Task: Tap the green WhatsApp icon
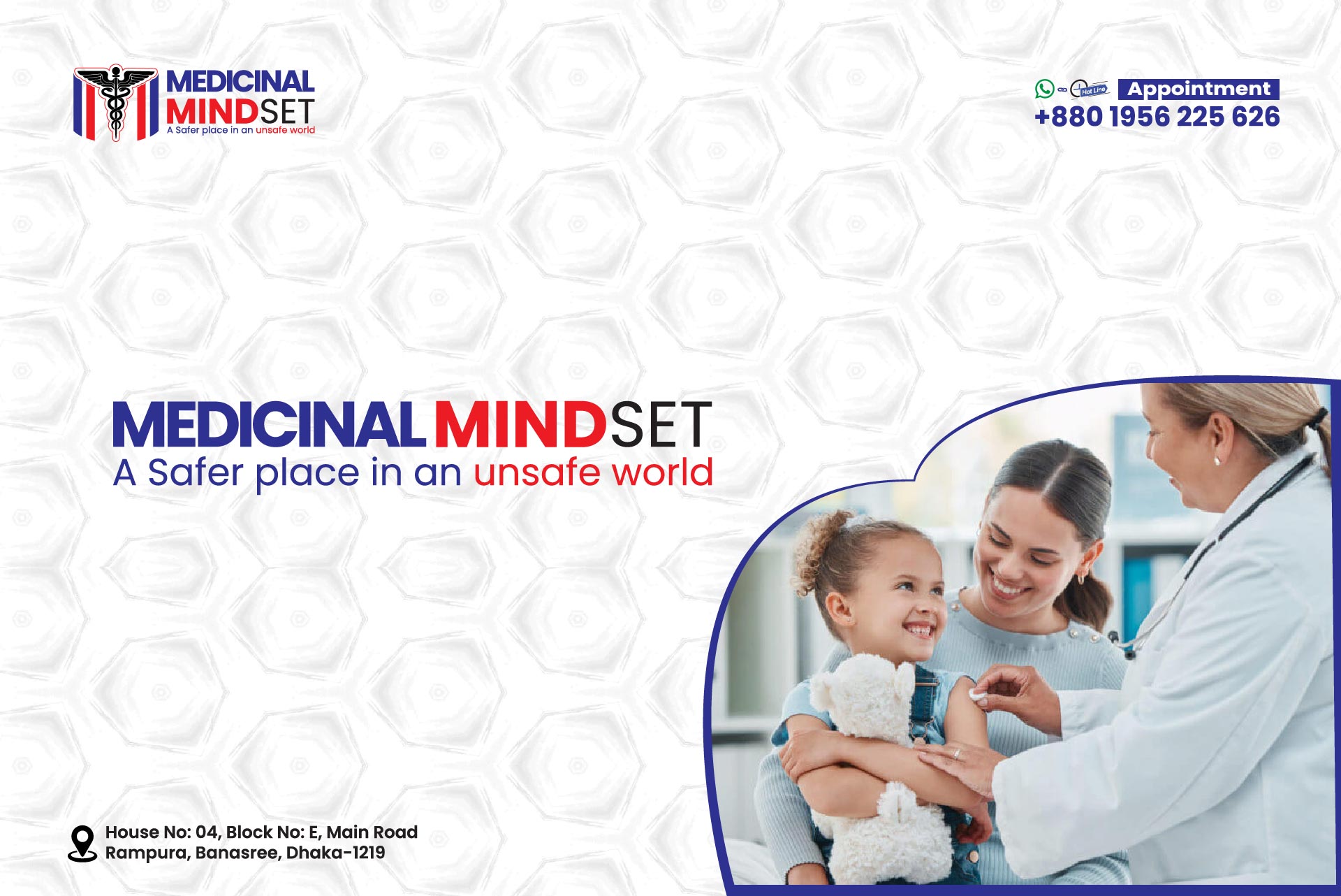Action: pyautogui.click(x=1044, y=89)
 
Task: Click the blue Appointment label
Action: pyautogui.click(x=1199, y=89)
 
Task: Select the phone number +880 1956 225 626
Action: pyautogui.click(x=1157, y=117)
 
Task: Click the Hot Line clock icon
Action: pyautogui.click(x=1088, y=89)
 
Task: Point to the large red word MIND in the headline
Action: pyautogui.click(x=520, y=424)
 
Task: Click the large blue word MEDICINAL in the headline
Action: pyautogui.click(x=269, y=424)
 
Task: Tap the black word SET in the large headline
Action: pyautogui.click(x=661, y=424)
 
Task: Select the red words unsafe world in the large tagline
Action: pyautogui.click(x=594, y=472)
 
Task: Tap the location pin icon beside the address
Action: pyautogui.click(x=82, y=844)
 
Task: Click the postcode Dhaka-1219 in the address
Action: pyautogui.click(x=335, y=853)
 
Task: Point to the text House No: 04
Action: pyautogui.click(x=161, y=832)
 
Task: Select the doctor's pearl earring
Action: pyautogui.click(x=1217, y=461)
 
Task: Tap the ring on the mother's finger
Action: pyautogui.click(x=957, y=753)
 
